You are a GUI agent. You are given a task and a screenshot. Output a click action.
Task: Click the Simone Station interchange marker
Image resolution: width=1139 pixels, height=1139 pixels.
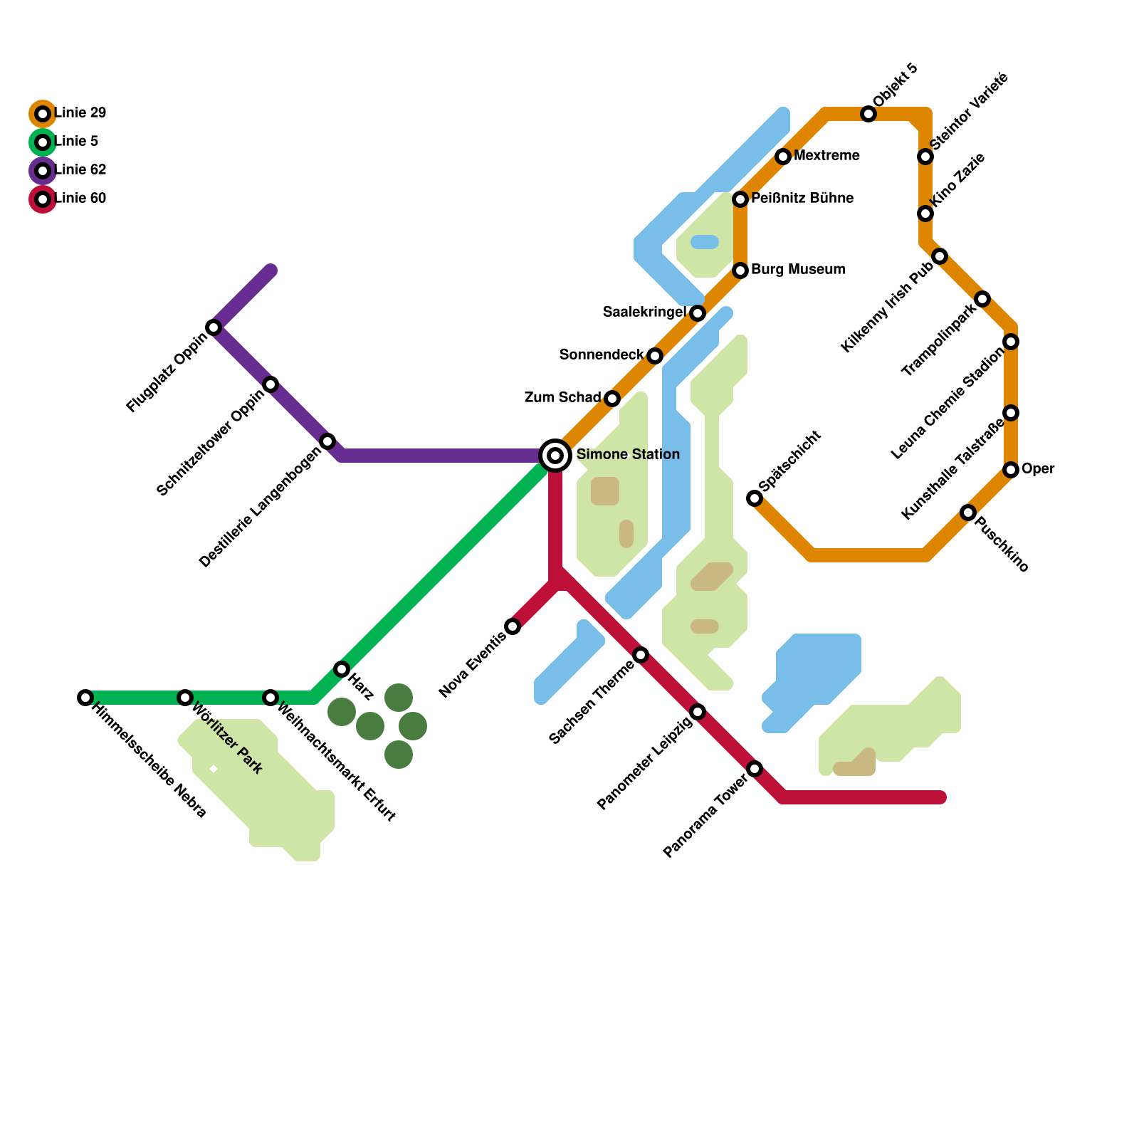click(555, 456)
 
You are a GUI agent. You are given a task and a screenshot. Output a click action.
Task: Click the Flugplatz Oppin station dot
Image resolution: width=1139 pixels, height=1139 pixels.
click(214, 327)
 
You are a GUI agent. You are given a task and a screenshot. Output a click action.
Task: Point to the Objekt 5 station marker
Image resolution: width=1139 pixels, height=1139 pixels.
click(868, 114)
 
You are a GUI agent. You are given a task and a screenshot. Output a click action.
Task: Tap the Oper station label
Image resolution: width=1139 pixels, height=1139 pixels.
click(1038, 469)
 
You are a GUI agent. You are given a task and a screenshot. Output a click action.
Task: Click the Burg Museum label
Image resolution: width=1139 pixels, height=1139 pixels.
click(798, 270)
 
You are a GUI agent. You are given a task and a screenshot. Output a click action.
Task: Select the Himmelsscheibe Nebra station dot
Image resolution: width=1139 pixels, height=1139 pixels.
click(85, 698)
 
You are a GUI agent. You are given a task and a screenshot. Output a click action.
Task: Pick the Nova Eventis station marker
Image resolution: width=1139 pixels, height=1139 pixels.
click(513, 626)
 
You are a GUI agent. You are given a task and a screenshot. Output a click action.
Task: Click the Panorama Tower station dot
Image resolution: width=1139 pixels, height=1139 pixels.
click(755, 769)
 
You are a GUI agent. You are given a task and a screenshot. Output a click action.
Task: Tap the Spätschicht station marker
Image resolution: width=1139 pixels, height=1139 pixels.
click(755, 498)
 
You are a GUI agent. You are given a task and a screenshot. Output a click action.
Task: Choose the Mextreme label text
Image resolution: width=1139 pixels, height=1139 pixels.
click(826, 156)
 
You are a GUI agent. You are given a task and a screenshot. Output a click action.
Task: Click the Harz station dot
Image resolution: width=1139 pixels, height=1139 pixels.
click(342, 669)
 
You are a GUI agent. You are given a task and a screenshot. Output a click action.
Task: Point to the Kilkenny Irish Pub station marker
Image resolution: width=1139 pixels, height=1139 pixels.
click(940, 256)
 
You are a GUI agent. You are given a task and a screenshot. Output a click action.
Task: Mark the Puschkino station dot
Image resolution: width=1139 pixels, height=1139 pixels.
click(968, 513)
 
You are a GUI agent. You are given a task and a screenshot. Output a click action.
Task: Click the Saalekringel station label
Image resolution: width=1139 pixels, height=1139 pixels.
click(644, 313)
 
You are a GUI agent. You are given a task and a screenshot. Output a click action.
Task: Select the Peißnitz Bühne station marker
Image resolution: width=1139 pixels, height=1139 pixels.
click(740, 199)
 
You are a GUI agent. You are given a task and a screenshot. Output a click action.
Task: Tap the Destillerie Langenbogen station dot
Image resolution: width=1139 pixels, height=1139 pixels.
click(327, 441)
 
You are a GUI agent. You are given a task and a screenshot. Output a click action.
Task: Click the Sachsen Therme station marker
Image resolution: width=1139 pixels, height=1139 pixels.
click(641, 655)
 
